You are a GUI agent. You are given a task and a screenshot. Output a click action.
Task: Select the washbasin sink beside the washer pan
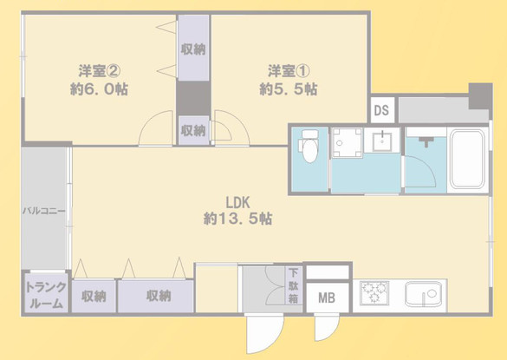(x=382, y=141)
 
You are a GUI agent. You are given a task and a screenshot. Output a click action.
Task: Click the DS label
(x=380, y=110)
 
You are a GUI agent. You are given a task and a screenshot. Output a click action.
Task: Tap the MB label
(x=327, y=298)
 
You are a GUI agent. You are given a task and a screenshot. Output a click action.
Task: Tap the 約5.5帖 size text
(x=288, y=88)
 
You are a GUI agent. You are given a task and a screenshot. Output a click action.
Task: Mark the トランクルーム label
(x=44, y=295)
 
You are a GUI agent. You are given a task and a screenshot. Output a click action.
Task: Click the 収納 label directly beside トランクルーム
(x=94, y=296)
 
